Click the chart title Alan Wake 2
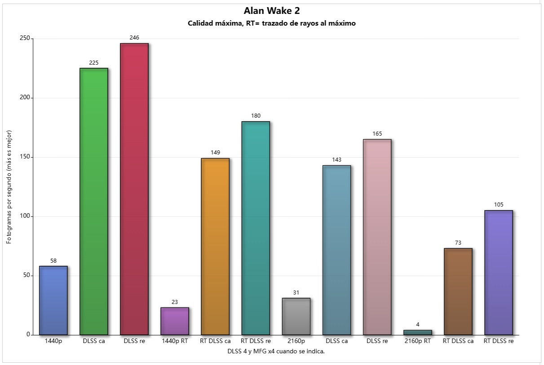272,11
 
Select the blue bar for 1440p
53,300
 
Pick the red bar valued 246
134,189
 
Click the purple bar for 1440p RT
175,321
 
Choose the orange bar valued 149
215,246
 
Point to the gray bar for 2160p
296,317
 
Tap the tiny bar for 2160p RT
418,332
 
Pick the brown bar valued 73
458,291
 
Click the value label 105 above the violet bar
499,205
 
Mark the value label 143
337,160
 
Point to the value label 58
53,260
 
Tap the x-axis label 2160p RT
418,341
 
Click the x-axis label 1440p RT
175,341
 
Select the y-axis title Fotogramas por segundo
9,187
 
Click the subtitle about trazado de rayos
272,23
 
